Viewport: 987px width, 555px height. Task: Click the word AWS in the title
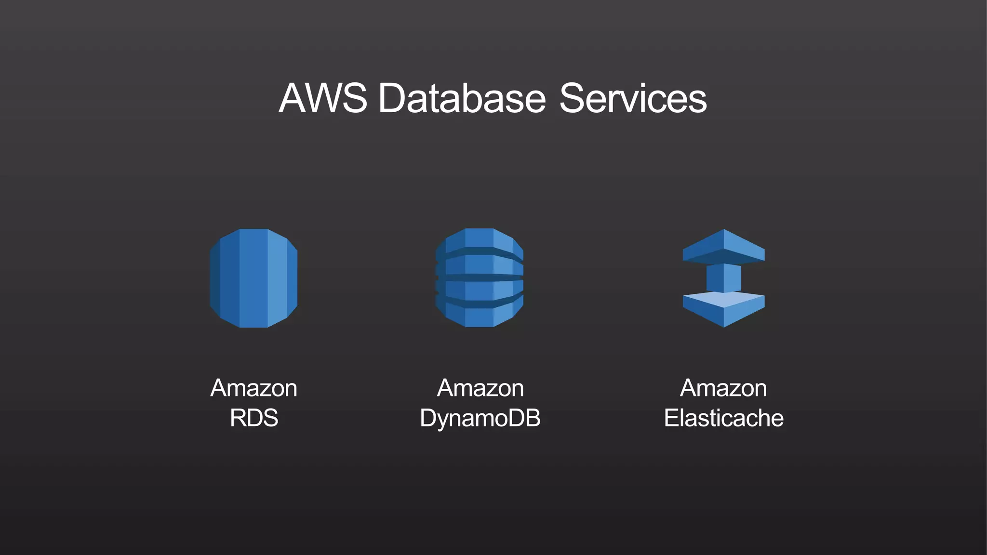(322, 98)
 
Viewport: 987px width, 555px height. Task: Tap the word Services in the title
(633, 98)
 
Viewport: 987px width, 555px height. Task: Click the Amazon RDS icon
(253, 278)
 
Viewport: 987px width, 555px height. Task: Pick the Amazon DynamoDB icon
(480, 278)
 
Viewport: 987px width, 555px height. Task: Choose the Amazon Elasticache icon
(723, 278)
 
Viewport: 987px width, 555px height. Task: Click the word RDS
(254, 418)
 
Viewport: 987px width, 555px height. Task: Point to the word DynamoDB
(480, 418)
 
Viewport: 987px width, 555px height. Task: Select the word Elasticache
(723, 418)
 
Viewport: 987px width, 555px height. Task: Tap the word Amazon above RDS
(254, 388)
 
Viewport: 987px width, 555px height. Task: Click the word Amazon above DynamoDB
(480, 388)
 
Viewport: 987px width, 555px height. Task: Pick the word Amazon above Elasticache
(723, 388)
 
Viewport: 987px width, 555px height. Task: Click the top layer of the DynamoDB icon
(480, 239)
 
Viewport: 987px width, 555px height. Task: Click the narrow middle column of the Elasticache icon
(723, 278)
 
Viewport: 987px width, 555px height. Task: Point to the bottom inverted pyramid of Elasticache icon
(723, 309)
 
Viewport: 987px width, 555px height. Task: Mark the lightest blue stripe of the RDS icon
(277, 278)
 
